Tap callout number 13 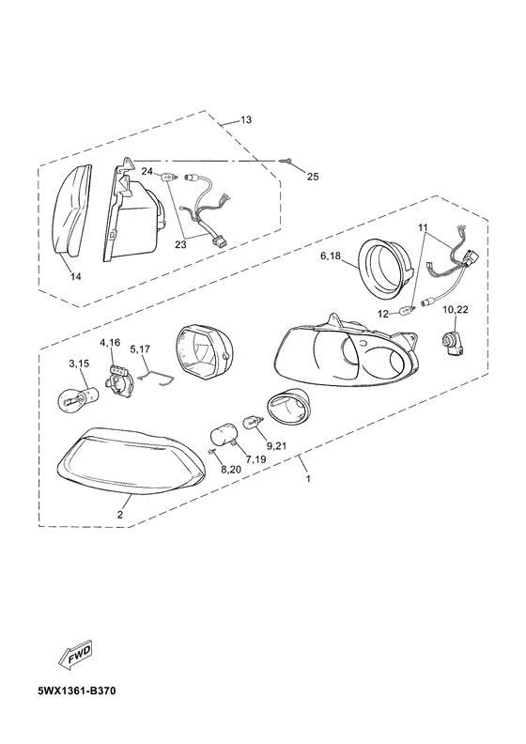coord(246,119)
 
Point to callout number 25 coord(313,177)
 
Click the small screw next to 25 coord(285,162)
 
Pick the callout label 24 coord(147,171)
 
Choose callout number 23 coord(180,245)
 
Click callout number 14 coord(75,276)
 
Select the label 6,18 coord(331,256)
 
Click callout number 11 coord(424,227)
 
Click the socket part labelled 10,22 coord(451,342)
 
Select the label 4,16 coord(110,343)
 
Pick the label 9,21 coord(276,445)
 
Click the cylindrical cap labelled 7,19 coord(223,434)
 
